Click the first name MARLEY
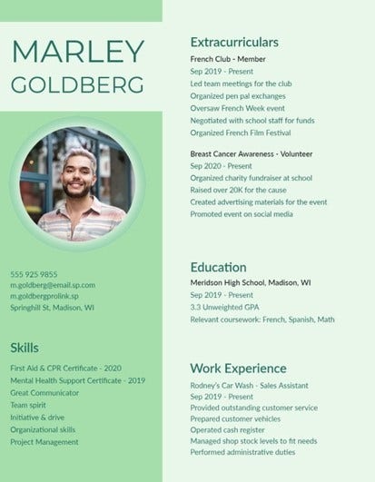click(x=77, y=52)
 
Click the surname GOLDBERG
click(x=77, y=84)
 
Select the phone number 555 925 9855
click(x=34, y=273)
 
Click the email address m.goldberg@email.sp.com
click(x=53, y=284)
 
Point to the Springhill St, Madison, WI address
click(x=52, y=307)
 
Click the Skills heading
click(x=25, y=348)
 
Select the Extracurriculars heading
click(x=234, y=43)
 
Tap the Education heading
click(x=218, y=267)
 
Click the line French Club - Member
click(x=228, y=58)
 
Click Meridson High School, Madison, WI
click(x=251, y=283)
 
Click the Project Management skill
click(x=44, y=441)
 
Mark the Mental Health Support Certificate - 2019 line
click(x=77, y=380)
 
